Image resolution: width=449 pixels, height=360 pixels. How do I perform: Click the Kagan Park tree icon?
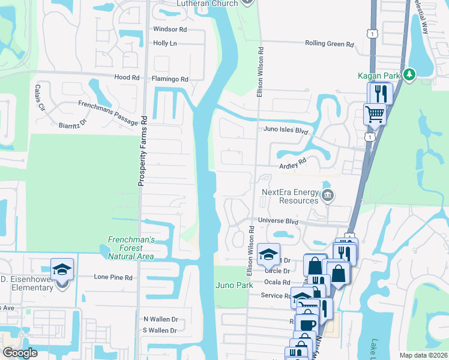pyautogui.click(x=409, y=74)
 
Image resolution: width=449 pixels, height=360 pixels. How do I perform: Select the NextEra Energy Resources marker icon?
pyautogui.click(x=328, y=194)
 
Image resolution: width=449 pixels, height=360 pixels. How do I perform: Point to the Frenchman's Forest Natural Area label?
pyautogui.click(x=131, y=248)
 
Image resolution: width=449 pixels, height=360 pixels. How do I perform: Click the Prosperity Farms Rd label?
pyautogui.click(x=143, y=150)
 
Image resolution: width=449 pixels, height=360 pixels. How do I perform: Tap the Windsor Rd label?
pyautogui.click(x=170, y=29)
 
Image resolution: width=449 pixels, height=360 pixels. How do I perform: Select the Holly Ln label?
pyautogui.click(x=165, y=43)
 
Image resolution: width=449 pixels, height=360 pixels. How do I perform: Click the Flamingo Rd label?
pyautogui.click(x=170, y=79)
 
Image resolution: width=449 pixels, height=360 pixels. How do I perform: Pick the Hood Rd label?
pyautogui.click(x=127, y=77)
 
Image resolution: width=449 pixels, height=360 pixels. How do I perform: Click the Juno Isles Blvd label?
pyautogui.click(x=286, y=129)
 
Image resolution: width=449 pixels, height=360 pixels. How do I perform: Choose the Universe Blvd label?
pyautogui.click(x=278, y=221)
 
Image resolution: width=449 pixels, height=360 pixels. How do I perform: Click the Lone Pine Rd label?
pyautogui.click(x=113, y=277)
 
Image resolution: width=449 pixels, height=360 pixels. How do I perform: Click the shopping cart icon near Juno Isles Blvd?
pyautogui.click(x=375, y=113)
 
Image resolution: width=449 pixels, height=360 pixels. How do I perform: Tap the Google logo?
pyautogui.click(x=20, y=353)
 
